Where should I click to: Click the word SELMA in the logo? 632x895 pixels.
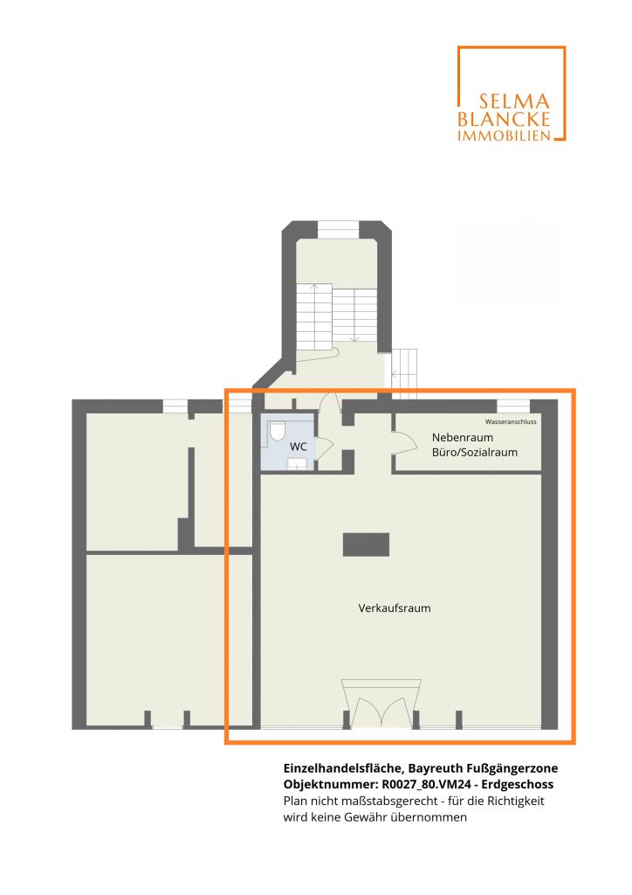[x=514, y=101]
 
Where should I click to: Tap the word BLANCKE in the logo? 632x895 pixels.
[x=504, y=119]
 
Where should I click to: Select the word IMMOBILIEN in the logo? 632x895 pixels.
[x=505, y=135]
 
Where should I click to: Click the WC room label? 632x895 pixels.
[x=298, y=447]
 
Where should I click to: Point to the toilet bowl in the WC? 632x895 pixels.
[x=278, y=431]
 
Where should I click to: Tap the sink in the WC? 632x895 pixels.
[x=297, y=463]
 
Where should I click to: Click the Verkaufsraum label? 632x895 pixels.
[x=395, y=608]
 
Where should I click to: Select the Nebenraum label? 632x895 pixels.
[x=462, y=438]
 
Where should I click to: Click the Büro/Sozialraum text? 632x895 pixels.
[x=475, y=453]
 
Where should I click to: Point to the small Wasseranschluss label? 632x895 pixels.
[x=511, y=422]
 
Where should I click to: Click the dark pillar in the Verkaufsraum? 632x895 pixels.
[x=366, y=545]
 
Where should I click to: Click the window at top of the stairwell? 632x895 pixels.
[x=338, y=230]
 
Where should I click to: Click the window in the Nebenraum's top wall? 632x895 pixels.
[x=513, y=406]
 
